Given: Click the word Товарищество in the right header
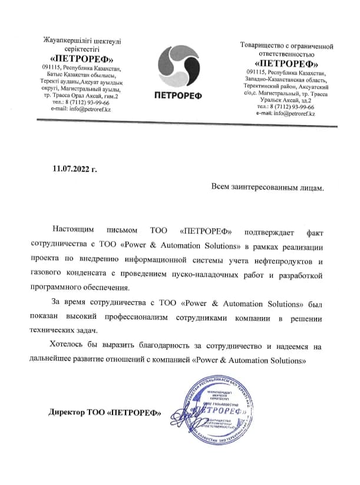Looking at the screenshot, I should coord(263,46).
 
